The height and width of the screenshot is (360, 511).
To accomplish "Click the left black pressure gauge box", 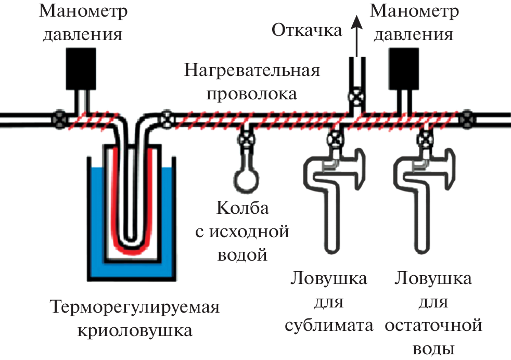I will [81, 68].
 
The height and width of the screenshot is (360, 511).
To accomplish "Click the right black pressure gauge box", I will [404, 68].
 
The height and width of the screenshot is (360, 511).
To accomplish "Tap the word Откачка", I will [307, 30].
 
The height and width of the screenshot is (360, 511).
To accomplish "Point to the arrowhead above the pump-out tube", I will [356, 21].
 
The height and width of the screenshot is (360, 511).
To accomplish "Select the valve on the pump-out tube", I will [356, 97].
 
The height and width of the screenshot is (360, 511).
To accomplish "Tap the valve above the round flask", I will [245, 139].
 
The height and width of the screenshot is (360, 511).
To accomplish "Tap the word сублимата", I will [329, 326].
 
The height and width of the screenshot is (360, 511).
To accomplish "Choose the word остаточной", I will [433, 326].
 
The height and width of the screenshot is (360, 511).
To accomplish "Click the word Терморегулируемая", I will [134, 307].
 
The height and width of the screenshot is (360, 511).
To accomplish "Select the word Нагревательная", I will [251, 71].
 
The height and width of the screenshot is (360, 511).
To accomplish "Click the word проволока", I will [251, 94].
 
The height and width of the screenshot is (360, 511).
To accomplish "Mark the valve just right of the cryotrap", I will [167, 119].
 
